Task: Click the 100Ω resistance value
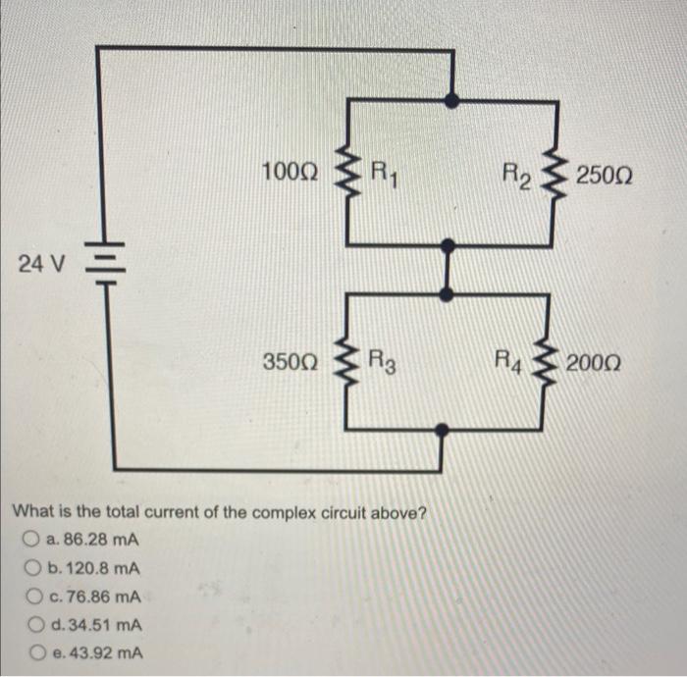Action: tap(290, 174)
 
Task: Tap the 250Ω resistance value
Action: tap(606, 177)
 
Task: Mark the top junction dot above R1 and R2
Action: tap(450, 100)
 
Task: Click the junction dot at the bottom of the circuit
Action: tap(444, 429)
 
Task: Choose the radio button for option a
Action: tap(33, 541)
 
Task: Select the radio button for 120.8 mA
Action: tap(33, 569)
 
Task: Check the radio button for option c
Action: tap(33, 597)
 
